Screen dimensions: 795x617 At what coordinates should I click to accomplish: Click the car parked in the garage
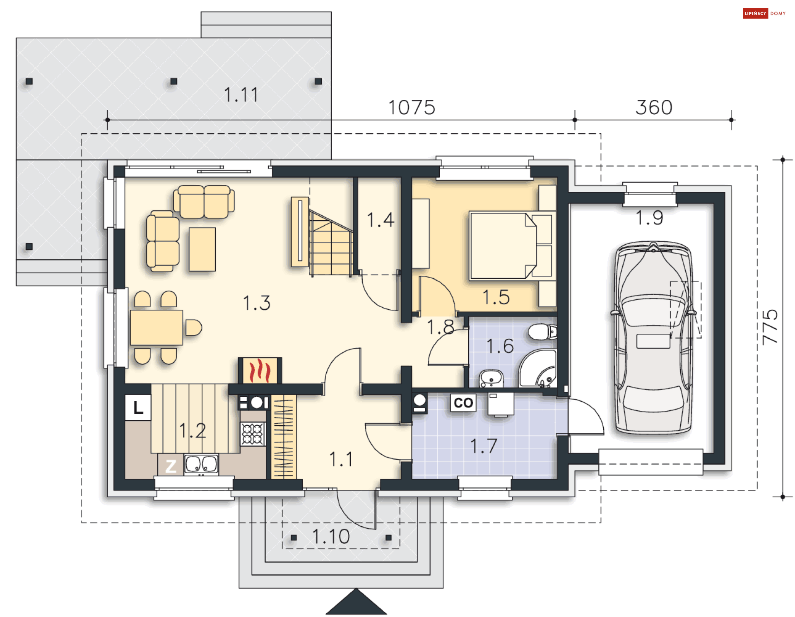653,337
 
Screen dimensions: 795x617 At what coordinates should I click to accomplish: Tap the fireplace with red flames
260,370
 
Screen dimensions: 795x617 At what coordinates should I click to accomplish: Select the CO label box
463,402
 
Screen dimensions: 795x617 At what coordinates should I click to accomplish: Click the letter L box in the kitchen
138,407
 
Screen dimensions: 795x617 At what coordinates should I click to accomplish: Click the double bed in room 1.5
511,246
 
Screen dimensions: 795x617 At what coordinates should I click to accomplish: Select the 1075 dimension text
412,107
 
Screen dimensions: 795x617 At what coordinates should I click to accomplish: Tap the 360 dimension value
654,107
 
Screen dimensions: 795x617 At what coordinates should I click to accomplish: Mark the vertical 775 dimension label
770,327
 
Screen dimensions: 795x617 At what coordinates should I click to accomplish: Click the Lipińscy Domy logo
764,13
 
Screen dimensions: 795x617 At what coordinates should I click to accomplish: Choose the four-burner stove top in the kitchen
253,434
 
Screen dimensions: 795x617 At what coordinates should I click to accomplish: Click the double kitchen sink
201,465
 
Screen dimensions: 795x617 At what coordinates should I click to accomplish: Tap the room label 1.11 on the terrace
241,94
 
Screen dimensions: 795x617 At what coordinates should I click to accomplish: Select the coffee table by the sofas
202,249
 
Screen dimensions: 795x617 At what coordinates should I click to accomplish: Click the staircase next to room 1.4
331,243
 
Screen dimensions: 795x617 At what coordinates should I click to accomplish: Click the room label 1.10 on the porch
331,536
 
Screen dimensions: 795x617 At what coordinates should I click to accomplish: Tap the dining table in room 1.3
157,327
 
